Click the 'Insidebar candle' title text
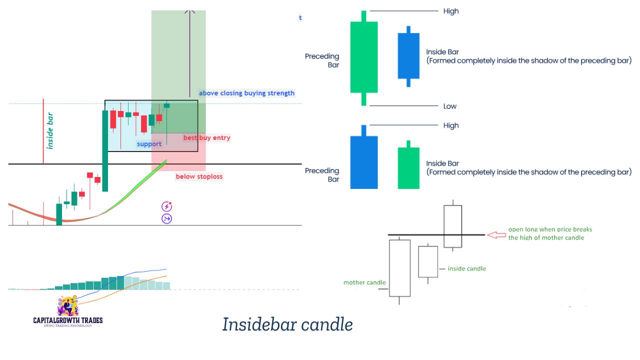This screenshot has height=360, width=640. [x=287, y=324]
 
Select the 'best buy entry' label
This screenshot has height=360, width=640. [x=206, y=137]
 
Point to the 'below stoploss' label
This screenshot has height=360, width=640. [x=199, y=176]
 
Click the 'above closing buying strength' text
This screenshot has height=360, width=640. [x=246, y=93]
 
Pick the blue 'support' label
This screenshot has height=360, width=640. [x=149, y=144]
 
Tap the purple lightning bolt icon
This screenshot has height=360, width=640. [x=166, y=206]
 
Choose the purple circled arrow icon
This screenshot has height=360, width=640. [x=166, y=218]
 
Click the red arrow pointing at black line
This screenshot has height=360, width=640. [x=496, y=234]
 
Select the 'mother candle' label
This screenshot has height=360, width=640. [x=364, y=282]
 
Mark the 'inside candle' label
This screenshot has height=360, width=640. [x=466, y=268]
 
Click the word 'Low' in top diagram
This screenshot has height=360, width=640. [x=449, y=106]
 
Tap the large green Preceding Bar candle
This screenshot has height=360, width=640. [x=364, y=57]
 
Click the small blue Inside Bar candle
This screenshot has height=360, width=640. [x=408, y=56]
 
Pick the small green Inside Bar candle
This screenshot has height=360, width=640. [x=408, y=167]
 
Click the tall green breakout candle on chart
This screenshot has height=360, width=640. [x=105, y=150]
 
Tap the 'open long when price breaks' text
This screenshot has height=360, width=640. [x=549, y=229]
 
